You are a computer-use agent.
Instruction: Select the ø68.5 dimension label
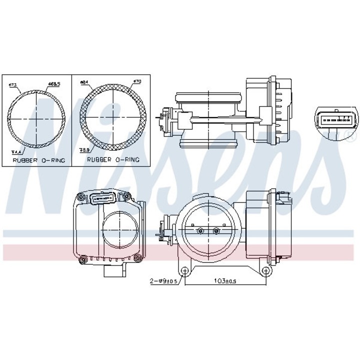(54, 84)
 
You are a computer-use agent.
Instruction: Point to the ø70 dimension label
(138, 82)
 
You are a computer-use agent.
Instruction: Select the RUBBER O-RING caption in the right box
(113, 160)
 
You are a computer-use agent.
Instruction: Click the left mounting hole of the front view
(185, 271)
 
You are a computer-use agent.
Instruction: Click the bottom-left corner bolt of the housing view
(82, 259)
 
